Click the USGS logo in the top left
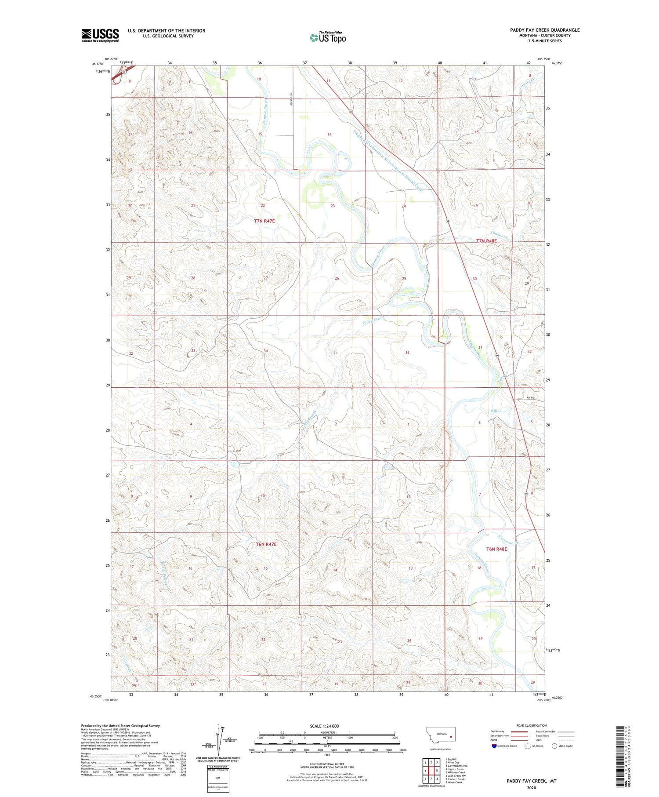click(100, 35)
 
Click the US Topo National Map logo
click(327, 37)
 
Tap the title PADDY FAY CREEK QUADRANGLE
click(544, 30)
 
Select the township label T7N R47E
click(264, 221)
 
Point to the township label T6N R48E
click(496, 549)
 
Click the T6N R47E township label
click(266, 544)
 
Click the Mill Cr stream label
click(496, 411)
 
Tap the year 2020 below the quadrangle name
click(532, 788)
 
